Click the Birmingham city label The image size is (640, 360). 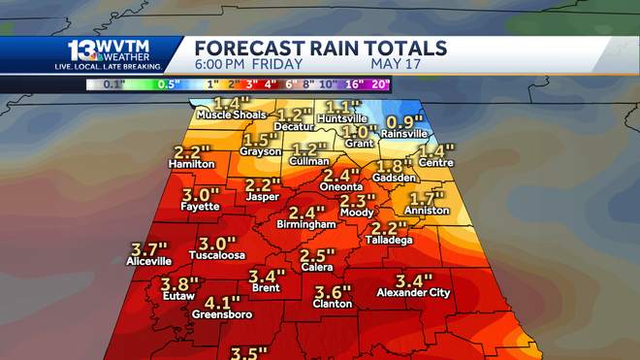point(305,224)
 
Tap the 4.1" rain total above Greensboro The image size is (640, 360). point(222,303)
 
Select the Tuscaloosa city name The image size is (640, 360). point(216,256)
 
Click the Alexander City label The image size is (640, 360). point(412,292)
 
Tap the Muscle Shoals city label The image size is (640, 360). point(231,115)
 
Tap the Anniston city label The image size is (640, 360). point(428,210)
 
